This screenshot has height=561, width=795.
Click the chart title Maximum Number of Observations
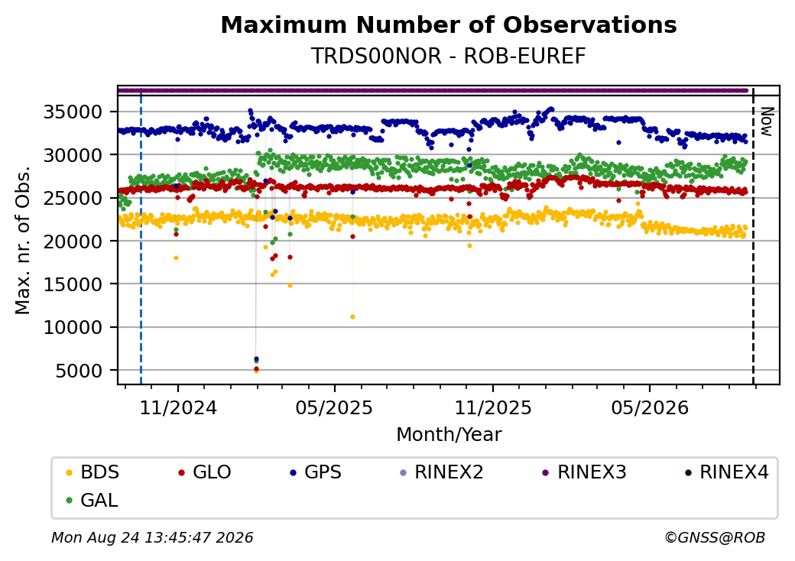449,24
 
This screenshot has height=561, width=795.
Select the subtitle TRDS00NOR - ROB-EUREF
449,56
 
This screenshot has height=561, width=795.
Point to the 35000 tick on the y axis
75,112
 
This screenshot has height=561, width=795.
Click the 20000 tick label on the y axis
75,242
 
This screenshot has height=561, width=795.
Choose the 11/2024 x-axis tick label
178,408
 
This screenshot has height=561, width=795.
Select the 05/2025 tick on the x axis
334,408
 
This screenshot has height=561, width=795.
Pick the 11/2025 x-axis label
493,408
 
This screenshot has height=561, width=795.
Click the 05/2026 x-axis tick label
650,408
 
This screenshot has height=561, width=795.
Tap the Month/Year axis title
449,435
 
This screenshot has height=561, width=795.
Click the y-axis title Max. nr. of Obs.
23,240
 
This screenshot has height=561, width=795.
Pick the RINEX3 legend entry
585,472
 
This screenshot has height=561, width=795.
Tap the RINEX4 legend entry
726,472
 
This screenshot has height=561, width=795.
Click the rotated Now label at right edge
767,122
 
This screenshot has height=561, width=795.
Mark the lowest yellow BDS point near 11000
353,317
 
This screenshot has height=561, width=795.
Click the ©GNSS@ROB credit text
715,537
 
